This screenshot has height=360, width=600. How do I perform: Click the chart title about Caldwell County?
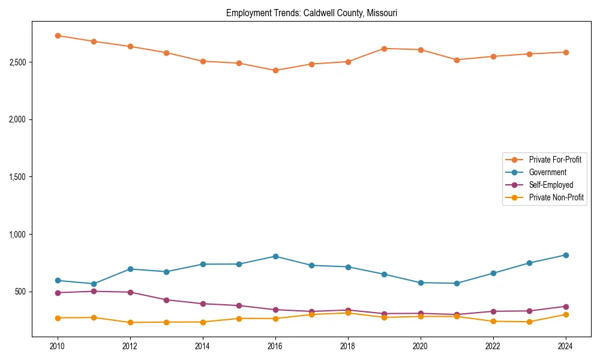point(311,13)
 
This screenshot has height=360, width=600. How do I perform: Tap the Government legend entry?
point(548,172)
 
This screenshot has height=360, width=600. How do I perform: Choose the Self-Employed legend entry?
point(551,185)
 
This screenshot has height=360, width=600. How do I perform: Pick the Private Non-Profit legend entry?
point(556,197)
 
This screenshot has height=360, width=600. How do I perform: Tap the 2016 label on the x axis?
point(275,346)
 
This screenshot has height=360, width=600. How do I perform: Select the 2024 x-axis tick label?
point(565,346)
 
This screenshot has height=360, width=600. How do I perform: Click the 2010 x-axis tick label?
point(58,346)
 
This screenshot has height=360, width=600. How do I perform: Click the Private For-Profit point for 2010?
point(58,35)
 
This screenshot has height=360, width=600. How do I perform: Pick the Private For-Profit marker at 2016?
point(275,70)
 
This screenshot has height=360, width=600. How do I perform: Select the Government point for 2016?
point(275,256)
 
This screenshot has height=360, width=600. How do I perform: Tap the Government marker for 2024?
point(565,255)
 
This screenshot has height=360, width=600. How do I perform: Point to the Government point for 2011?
point(94,284)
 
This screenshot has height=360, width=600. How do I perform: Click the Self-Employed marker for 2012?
point(130,292)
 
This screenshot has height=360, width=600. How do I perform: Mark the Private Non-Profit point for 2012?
point(130,322)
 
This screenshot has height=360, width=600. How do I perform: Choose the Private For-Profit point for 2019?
point(384,49)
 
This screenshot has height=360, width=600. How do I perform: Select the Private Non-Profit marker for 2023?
point(529,322)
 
